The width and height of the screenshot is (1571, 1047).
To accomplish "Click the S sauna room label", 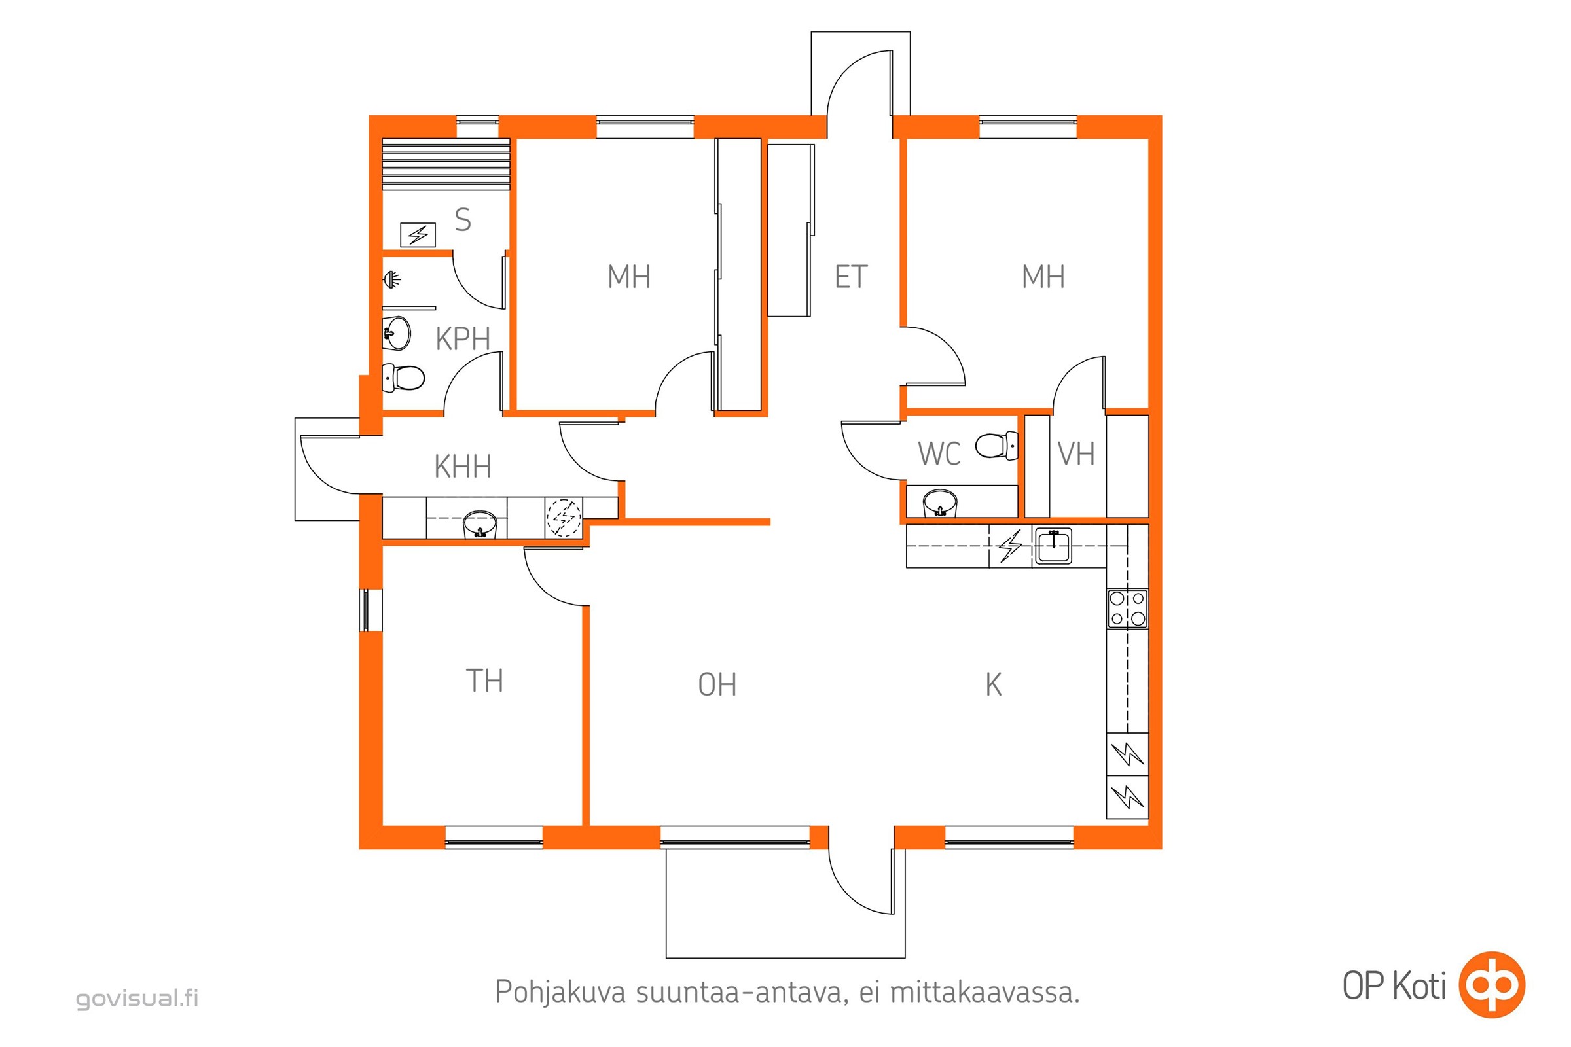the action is pyautogui.click(x=463, y=220).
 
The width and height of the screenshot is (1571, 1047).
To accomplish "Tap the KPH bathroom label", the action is pyautogui.click(x=463, y=338).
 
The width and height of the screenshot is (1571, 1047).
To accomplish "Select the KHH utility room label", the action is pyautogui.click(x=463, y=466).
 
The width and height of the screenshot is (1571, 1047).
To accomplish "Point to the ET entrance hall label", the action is pyautogui.click(x=851, y=276).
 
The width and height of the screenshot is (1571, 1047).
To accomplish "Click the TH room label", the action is pyautogui.click(x=484, y=681).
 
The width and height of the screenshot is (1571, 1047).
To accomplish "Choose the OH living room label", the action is pyautogui.click(x=717, y=685).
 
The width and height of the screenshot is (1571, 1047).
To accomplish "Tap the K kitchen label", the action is pyautogui.click(x=993, y=685).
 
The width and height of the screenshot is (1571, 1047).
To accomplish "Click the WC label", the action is pyautogui.click(x=939, y=454).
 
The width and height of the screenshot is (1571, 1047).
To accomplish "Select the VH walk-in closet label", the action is pyautogui.click(x=1076, y=454).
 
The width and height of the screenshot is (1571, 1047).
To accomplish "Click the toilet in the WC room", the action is pyautogui.click(x=996, y=446).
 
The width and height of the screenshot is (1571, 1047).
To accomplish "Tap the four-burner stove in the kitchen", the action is pyautogui.click(x=1127, y=609).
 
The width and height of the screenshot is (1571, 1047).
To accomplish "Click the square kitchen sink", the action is pyautogui.click(x=1054, y=546).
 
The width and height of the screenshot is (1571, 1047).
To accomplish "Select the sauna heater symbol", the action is pyautogui.click(x=418, y=235).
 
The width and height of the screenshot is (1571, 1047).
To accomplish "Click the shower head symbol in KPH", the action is pyautogui.click(x=393, y=279).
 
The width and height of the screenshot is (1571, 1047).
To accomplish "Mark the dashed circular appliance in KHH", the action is pyautogui.click(x=564, y=518).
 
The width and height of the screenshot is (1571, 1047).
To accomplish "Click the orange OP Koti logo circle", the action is pyautogui.click(x=1492, y=985).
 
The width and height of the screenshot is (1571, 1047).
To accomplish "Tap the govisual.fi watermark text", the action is pyautogui.click(x=137, y=999).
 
